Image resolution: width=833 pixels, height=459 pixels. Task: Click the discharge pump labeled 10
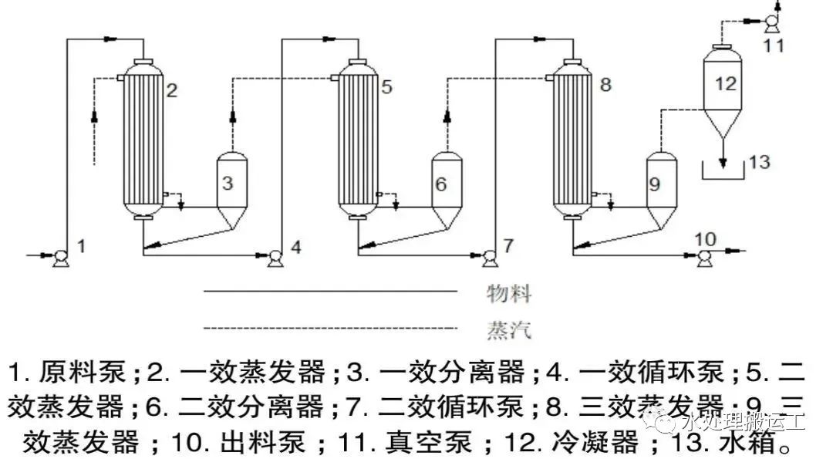pyautogui.click(x=703, y=258)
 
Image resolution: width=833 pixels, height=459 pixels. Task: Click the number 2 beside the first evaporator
pyautogui.click(x=172, y=90)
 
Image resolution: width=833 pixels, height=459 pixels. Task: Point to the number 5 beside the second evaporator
pyautogui.click(x=386, y=87)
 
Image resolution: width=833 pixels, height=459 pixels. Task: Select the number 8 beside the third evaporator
pyautogui.click(x=605, y=84)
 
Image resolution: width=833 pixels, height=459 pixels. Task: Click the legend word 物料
pyautogui.click(x=509, y=293)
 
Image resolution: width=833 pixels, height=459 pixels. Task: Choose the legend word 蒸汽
pyautogui.click(x=509, y=330)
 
